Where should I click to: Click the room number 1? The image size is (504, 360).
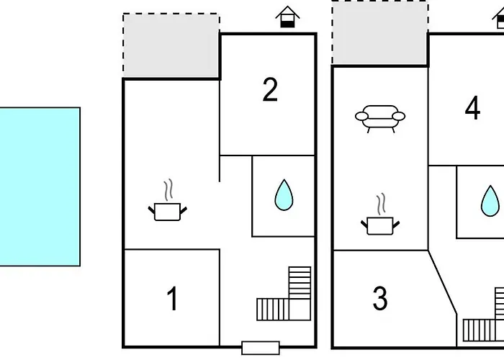pyautogui.click(x=172, y=299)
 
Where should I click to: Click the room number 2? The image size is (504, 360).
pyautogui.click(x=270, y=90)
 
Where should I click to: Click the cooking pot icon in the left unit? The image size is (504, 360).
pyautogui.click(x=168, y=211)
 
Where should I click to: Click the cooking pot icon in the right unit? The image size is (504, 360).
pyautogui.click(x=379, y=225)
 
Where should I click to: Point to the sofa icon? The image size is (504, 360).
pyautogui.click(x=379, y=117)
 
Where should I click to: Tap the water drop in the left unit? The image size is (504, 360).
pyautogui.click(x=284, y=195)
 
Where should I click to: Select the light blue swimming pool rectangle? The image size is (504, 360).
pyautogui.click(x=40, y=186)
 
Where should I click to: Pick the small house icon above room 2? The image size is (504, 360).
pyautogui.click(x=287, y=17)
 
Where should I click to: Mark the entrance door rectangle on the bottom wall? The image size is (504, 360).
pyautogui.click(x=260, y=348)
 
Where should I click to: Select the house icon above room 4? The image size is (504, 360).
pyautogui.click(x=500, y=17)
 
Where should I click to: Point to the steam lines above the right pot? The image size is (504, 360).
pyautogui.click(x=379, y=204)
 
